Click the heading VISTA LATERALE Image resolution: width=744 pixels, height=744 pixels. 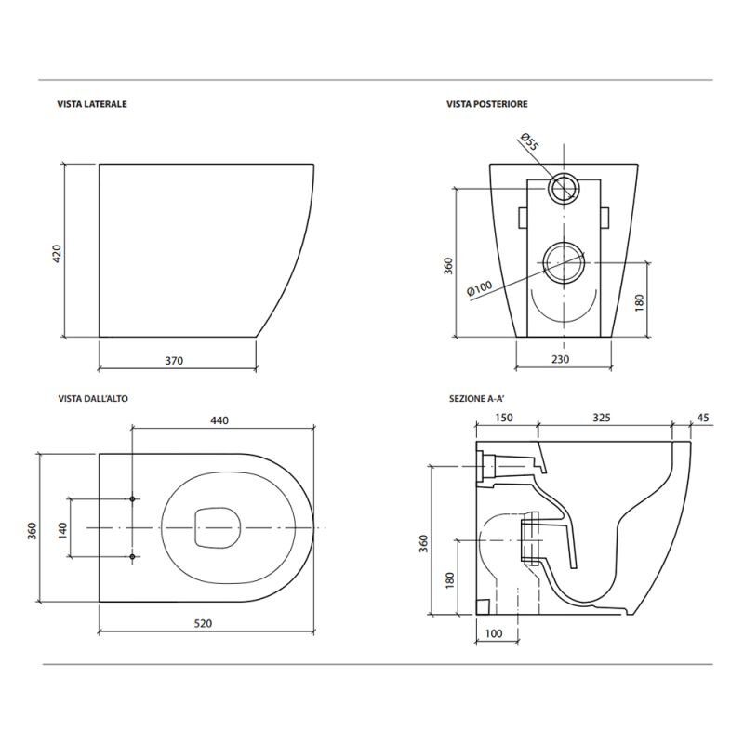click(92, 105)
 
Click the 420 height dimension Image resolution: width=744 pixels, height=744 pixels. click(56, 251)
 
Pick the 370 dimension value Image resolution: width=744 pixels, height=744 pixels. click(177, 360)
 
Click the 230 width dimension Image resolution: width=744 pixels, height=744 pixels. click(562, 360)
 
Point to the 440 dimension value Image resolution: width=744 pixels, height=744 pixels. click(219, 420)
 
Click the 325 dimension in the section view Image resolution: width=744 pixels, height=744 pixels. click(601, 418)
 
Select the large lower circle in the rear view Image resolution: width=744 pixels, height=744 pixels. click(562, 262)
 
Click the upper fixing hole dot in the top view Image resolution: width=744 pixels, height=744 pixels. click(134, 499)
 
